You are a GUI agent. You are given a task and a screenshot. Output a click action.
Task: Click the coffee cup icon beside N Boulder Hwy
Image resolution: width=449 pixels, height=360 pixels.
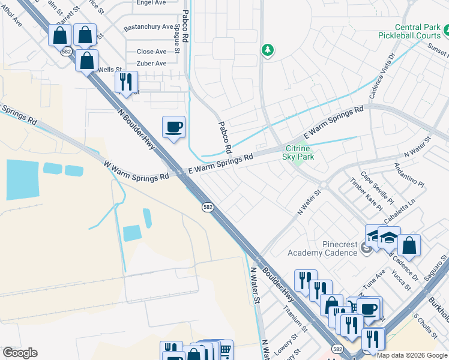click(173, 127)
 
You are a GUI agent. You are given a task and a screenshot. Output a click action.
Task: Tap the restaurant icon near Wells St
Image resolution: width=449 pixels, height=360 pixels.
click(126, 82)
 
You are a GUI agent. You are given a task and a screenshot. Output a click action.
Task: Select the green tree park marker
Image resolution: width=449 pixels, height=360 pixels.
click(268, 50)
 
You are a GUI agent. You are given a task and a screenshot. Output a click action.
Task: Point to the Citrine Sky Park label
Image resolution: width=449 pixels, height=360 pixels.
click(298, 152)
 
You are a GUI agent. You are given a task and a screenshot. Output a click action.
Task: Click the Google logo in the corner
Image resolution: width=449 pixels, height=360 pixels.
click(20, 353)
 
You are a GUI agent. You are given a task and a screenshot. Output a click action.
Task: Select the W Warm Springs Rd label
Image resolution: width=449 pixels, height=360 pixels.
click(136, 171)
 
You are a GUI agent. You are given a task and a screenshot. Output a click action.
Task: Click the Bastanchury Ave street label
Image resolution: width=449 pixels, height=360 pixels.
click(148, 28)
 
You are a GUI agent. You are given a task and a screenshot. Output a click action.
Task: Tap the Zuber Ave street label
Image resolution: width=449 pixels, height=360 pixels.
click(151, 64)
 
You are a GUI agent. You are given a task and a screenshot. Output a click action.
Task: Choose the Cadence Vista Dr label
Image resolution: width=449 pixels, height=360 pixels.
click(381, 76)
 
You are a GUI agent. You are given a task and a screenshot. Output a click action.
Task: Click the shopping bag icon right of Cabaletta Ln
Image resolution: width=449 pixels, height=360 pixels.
click(409, 245)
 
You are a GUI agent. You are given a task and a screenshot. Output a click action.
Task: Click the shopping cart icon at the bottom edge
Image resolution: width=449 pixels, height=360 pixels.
click(224, 350)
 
